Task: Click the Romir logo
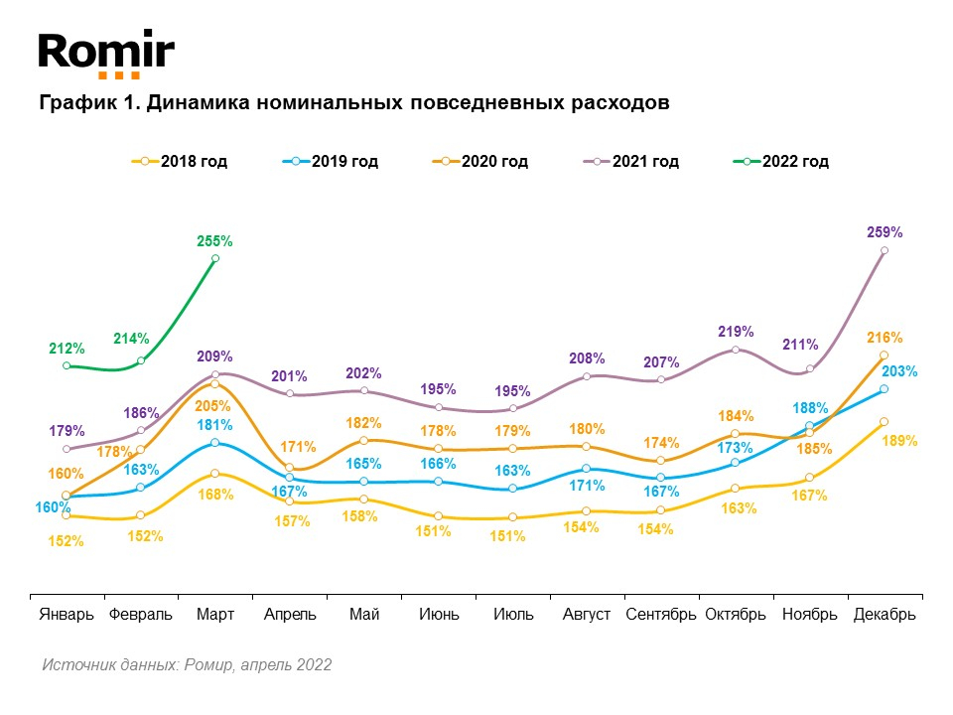(106, 54)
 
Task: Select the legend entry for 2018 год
(180, 161)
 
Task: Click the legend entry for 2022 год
(781, 161)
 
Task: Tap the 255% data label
(215, 240)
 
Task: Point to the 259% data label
(885, 232)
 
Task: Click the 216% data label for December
(885, 338)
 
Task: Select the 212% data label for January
(67, 349)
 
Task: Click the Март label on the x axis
(215, 615)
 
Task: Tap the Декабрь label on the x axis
(885, 615)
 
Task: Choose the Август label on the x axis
(587, 615)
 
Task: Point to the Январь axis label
(67, 615)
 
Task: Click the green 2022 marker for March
(215, 258)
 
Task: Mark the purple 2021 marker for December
(885, 250)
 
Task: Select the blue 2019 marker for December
(885, 389)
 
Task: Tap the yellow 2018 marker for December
(885, 421)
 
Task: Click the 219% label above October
(736, 331)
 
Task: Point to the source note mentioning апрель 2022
(187, 664)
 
